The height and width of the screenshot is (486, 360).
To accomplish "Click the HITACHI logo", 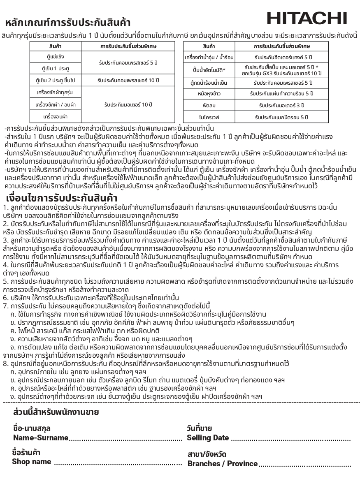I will coord(307,18).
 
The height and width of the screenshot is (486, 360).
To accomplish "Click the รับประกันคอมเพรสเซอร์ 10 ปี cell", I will coord(128,80).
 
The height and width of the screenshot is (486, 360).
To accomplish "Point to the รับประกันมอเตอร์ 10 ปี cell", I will coord(128,104).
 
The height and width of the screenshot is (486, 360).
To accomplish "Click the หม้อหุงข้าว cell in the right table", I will coord(209,94).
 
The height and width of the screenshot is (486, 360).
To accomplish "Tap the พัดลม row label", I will coord(209,106).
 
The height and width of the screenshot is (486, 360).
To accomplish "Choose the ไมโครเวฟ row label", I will coord(209,118).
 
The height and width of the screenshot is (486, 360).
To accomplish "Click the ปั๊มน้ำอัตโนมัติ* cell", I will coord(209,69).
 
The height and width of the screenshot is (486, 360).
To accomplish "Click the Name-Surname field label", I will coord(40,437).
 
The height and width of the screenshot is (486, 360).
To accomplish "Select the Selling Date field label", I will coord(208,438).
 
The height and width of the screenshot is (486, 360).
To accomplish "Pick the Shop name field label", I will coord(32,461).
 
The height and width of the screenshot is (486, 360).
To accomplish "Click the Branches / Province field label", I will coord(223,463).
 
